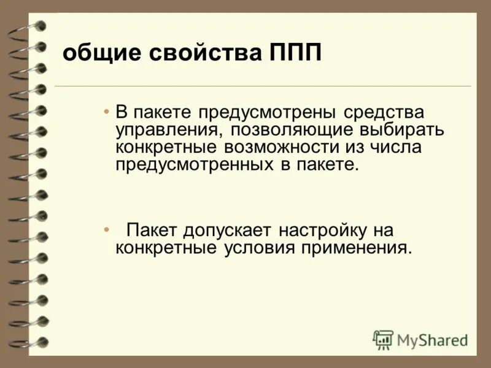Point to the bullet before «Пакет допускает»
pos(107,231)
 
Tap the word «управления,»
pos(164,131)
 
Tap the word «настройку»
pos(322,231)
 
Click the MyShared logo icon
pos(383,339)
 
